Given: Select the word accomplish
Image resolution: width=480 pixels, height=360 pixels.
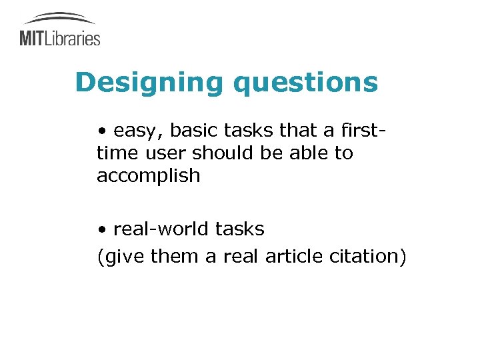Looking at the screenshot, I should coord(148,176).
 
